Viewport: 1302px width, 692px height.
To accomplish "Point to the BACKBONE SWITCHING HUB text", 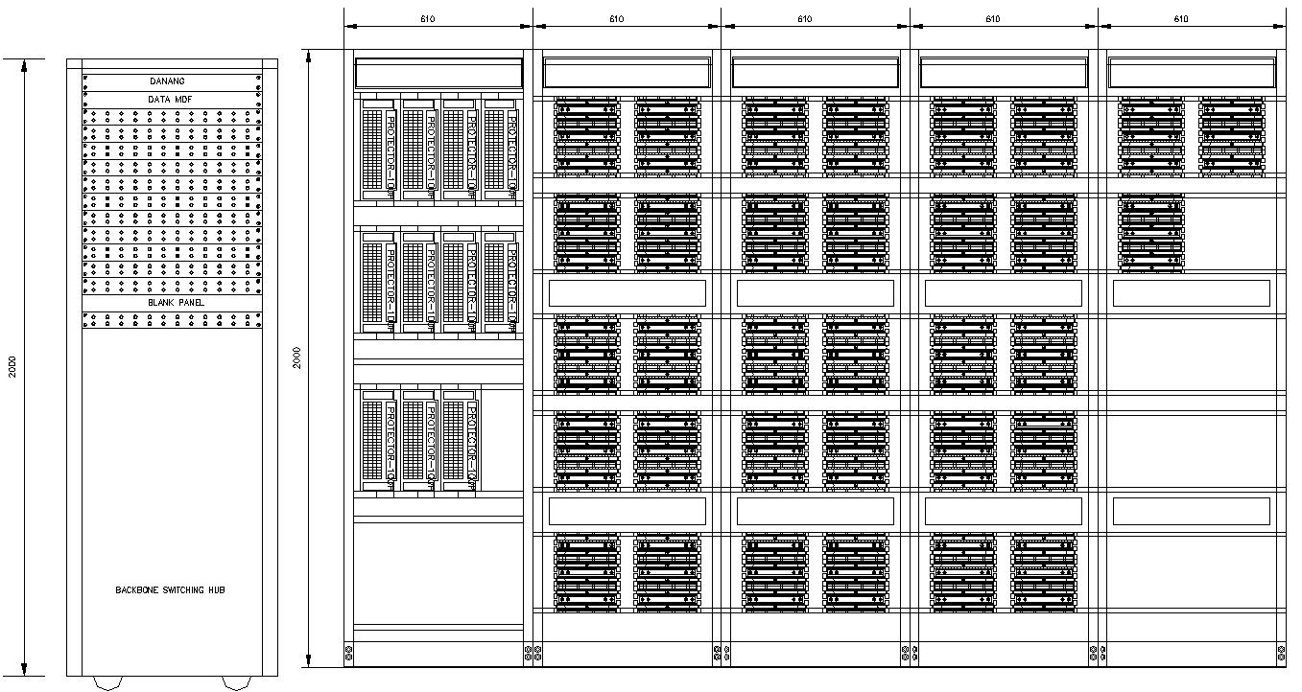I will click(170, 590).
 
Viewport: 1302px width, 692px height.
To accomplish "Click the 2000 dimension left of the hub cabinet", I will click(12, 366).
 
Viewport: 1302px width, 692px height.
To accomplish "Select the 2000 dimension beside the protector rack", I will click(297, 358).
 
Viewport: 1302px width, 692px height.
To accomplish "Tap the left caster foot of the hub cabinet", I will click(108, 682).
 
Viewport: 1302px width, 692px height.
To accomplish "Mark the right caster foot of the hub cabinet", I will click(235, 682).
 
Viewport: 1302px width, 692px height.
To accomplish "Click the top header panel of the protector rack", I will click(438, 74).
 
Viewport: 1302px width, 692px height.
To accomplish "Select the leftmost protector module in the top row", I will click(378, 149).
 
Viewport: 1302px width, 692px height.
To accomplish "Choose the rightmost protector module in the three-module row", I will click(460, 440).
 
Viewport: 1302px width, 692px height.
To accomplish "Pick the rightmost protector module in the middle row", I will click(500, 282).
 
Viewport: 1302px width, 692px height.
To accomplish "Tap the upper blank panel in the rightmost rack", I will click(1191, 293).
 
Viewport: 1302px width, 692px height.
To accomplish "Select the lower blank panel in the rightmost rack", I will click(1191, 511).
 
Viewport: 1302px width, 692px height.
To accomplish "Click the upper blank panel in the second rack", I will click(627, 293).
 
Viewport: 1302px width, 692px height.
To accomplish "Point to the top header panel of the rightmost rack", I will click(1193, 74).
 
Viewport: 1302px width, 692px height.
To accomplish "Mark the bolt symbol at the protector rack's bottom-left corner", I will click(348, 654).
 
